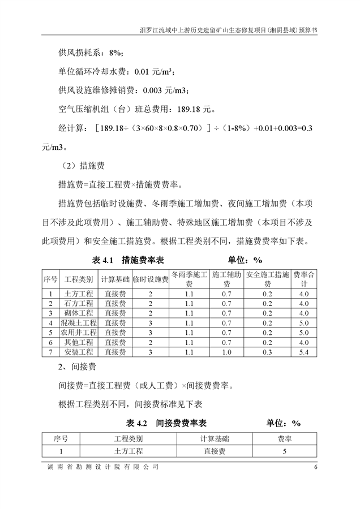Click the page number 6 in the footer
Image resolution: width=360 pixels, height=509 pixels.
[x=315, y=467]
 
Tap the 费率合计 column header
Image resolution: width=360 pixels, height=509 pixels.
[x=304, y=279]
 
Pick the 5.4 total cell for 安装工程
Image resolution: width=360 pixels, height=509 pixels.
[x=304, y=352]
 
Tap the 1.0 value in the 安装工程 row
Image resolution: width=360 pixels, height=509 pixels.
[x=226, y=352]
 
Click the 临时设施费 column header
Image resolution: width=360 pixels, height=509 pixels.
[x=151, y=279]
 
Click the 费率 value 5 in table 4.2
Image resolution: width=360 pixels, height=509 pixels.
[x=285, y=451]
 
